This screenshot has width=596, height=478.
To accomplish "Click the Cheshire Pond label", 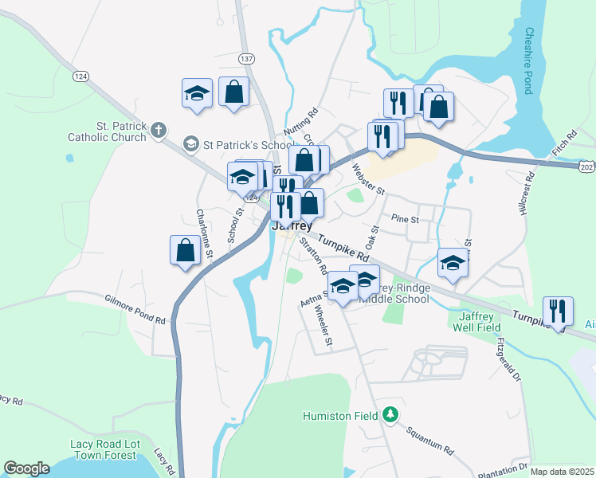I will [x=527, y=61].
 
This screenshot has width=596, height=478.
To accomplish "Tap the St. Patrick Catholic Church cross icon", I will [x=159, y=129].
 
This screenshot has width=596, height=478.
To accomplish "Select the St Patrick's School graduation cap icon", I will [x=190, y=144].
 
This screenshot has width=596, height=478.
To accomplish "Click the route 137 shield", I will [x=246, y=59].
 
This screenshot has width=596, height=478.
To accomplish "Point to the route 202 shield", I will [x=587, y=166].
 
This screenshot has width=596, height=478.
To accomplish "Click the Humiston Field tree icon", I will [x=390, y=415].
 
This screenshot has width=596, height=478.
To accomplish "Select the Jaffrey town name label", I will [x=292, y=226].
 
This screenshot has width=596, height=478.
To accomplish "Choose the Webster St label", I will [x=368, y=180].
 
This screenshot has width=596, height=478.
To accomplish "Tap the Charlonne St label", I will [x=203, y=233].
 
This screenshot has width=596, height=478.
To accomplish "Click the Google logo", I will [x=26, y=468].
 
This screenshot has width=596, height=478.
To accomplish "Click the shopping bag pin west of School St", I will [x=185, y=250].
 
